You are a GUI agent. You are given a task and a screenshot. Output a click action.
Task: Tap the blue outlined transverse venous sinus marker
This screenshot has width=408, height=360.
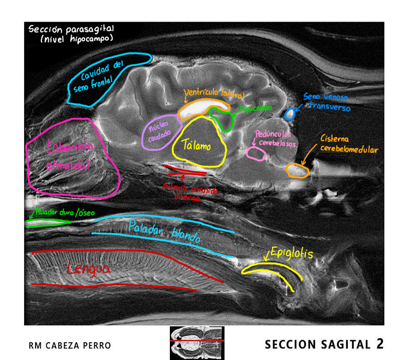[x=290, y=114]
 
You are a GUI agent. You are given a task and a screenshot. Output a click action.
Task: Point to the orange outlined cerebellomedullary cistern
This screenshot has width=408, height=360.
[x=297, y=171]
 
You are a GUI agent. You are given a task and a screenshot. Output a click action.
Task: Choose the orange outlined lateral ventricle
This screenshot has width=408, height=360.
[x=204, y=109]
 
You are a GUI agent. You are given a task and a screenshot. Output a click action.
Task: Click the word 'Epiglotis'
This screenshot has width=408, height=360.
[x=292, y=252]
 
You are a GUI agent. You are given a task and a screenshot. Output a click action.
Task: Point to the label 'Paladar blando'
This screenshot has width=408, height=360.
[x=164, y=231]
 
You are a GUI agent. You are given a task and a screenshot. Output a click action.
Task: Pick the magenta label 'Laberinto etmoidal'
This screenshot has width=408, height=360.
[x=70, y=155]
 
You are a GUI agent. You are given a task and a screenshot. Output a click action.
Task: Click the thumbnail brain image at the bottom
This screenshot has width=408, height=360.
[x=197, y=343]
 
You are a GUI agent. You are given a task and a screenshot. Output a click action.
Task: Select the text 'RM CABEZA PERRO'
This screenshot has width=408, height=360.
[x=70, y=346]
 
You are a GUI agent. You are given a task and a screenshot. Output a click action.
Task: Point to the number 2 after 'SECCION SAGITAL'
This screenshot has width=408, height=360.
[x=380, y=344]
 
